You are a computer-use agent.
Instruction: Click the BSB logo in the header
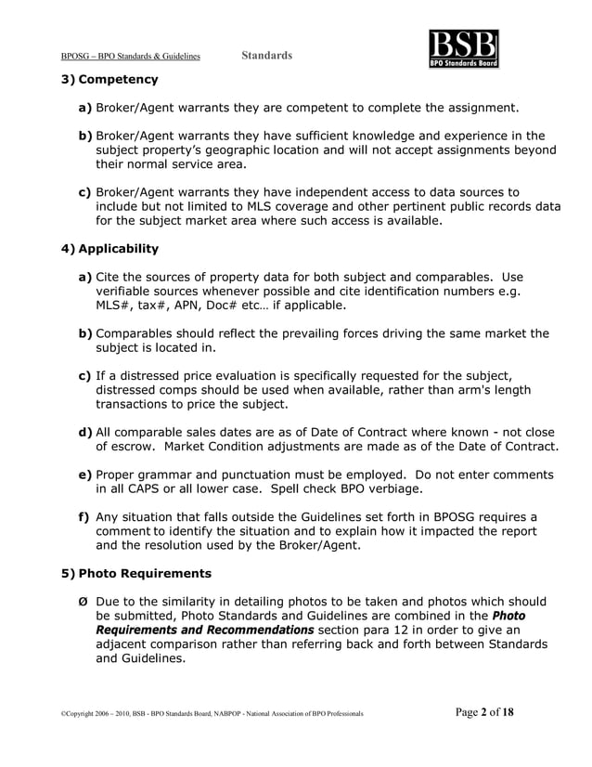click(x=463, y=49)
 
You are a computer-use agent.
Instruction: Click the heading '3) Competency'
click(x=109, y=80)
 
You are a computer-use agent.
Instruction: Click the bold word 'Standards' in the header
click(x=267, y=56)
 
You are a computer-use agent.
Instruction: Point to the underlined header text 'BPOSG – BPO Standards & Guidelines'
click(x=130, y=57)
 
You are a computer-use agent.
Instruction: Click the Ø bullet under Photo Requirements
click(x=84, y=601)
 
